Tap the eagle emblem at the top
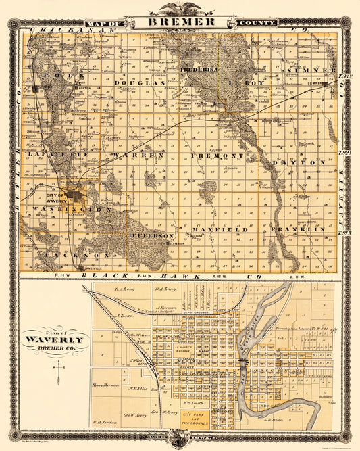tap(180, 7)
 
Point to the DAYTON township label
tap(298, 162)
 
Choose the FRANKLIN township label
tap(298, 230)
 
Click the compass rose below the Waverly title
tap(59, 369)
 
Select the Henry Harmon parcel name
tap(105, 385)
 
